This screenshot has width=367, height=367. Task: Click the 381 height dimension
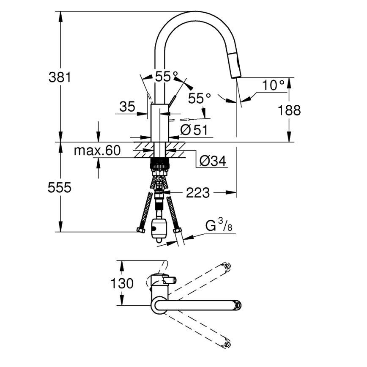60,77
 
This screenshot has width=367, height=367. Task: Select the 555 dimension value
60,188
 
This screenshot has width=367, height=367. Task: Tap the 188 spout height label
289,110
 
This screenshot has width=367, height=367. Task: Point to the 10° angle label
273,85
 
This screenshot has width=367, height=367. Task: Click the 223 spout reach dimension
197,193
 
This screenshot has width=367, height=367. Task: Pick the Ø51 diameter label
194,130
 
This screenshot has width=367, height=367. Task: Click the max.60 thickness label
98,150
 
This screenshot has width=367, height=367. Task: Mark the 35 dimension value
127,107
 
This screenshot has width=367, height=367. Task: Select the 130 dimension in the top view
122,283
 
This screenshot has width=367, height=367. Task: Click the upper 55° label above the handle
166,77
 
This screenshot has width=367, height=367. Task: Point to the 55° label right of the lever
200,99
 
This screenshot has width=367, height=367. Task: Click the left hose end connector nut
140,231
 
